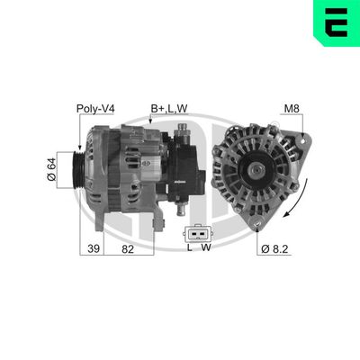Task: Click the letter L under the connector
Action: coord(189,247)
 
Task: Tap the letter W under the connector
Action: coord(206,247)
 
